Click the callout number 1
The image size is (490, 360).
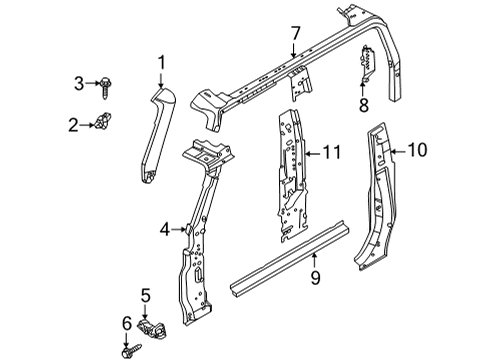pos(160,65)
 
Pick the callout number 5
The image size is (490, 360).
pos(145,295)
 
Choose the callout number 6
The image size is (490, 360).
pos(126,322)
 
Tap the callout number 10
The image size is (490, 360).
pos(417,152)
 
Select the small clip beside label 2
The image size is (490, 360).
pos(100,125)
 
